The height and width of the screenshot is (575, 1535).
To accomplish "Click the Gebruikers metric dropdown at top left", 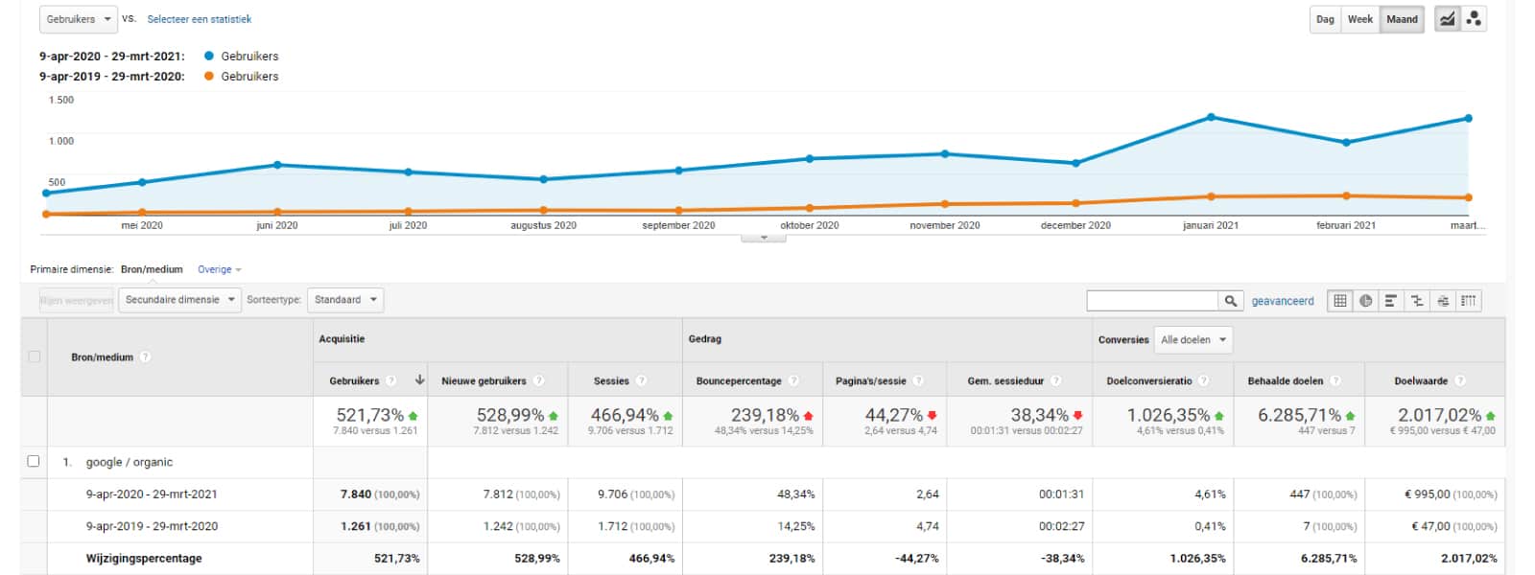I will click(x=79, y=19).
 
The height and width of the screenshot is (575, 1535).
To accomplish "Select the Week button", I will click(x=1359, y=19).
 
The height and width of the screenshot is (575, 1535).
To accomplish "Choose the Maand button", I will click(x=1402, y=19).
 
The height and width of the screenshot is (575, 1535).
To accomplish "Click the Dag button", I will click(x=1325, y=19).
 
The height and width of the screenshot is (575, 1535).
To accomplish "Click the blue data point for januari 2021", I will click(x=1211, y=117).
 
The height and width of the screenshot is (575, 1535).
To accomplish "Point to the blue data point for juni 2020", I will click(x=277, y=165).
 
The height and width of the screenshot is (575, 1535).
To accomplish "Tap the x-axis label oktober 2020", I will click(x=809, y=225).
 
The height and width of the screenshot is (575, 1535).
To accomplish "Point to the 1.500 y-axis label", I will click(x=61, y=100).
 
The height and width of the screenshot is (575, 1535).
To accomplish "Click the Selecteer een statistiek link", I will click(x=199, y=19).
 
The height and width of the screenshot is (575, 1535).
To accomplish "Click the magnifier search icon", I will click(x=1230, y=301).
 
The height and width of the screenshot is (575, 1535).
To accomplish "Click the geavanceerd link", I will click(x=1282, y=301).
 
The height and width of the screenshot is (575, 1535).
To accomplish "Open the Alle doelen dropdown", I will click(x=1193, y=339).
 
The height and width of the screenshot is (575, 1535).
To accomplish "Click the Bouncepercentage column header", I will click(x=739, y=380).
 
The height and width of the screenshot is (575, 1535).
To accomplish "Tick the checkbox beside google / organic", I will click(x=34, y=461).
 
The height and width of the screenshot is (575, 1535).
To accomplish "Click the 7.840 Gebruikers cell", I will click(x=356, y=494).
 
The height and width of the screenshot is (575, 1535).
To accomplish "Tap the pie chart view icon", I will click(x=1365, y=301).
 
